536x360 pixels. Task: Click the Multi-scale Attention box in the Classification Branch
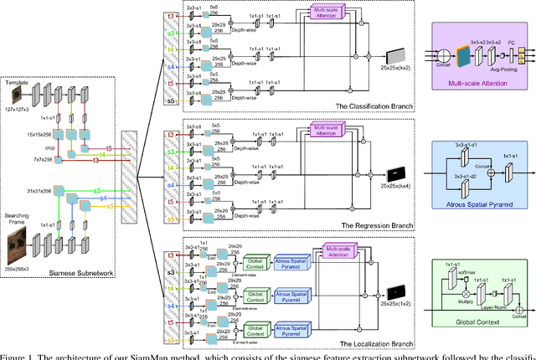pyautogui.click(x=329, y=13)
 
